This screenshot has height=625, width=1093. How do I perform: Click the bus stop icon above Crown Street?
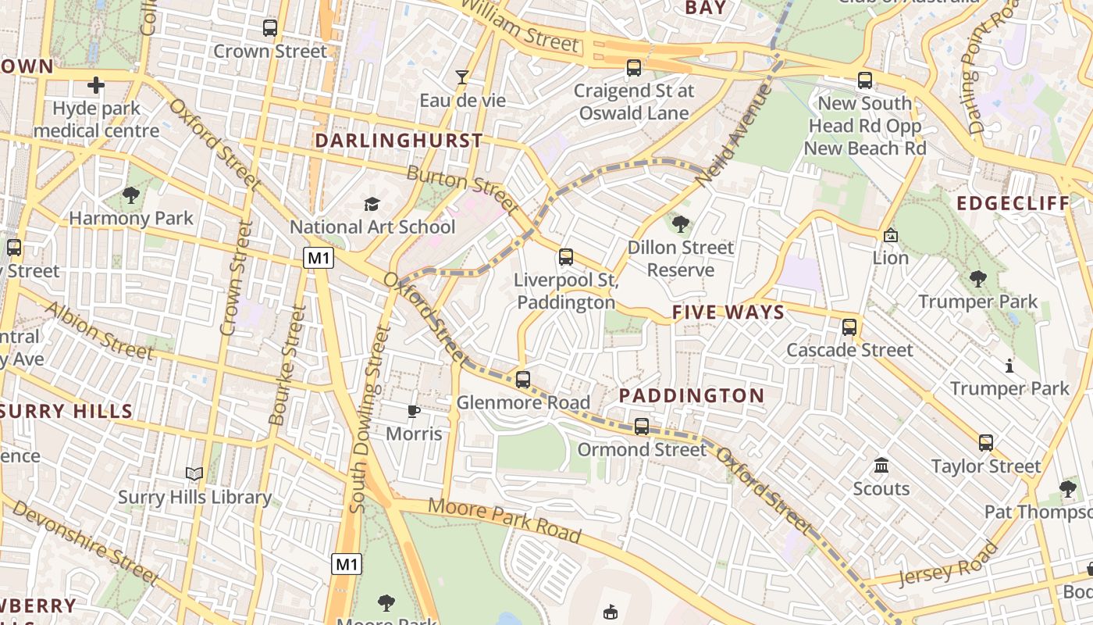click(x=270, y=28)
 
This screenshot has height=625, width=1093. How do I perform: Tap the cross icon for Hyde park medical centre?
click(x=96, y=84)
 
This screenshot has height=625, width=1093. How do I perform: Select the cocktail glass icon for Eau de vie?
click(x=462, y=77)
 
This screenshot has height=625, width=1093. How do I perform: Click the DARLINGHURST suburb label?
click(x=398, y=141)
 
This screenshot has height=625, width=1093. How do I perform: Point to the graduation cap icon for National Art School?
click(x=372, y=204)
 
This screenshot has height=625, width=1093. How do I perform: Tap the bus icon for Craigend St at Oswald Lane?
click(x=633, y=68)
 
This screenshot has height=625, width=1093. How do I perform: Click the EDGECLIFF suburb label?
click(x=1013, y=204)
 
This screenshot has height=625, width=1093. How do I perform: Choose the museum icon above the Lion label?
click(x=890, y=234)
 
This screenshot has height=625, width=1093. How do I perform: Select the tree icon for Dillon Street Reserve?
click(x=681, y=224)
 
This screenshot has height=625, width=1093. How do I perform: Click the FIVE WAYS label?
click(x=728, y=312)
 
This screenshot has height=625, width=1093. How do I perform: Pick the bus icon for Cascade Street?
click(x=849, y=327)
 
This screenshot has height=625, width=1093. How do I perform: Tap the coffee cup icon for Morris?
click(x=414, y=411)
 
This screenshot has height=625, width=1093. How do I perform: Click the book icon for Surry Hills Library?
click(x=194, y=473)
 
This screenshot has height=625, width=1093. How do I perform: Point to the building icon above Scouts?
click(x=881, y=466)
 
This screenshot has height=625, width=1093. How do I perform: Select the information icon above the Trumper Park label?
click(x=1009, y=365)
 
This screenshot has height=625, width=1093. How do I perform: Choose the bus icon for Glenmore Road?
click(x=523, y=380)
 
